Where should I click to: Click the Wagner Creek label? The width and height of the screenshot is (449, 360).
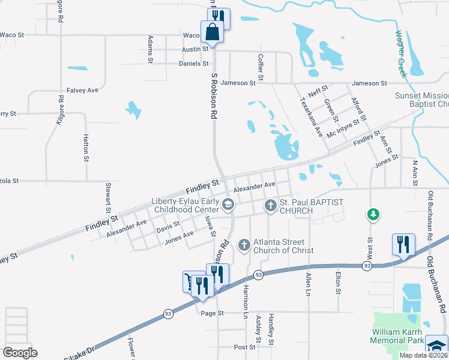tap(400, 55)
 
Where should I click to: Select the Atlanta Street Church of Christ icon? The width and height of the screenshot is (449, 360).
tap(244, 245)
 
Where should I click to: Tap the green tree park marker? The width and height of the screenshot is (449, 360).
tap(373, 214)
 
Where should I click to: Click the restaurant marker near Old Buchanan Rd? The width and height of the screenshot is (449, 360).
tap(402, 244)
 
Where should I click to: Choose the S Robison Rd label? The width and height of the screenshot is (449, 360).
tap(213, 96)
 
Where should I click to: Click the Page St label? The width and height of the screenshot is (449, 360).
tap(212, 313)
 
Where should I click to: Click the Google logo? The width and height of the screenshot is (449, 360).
tap(20, 352)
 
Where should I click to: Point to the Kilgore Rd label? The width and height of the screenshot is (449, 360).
tap(60, 110)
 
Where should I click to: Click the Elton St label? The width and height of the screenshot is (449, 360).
tap(338, 283)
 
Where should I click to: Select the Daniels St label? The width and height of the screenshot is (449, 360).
tap(193, 64)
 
